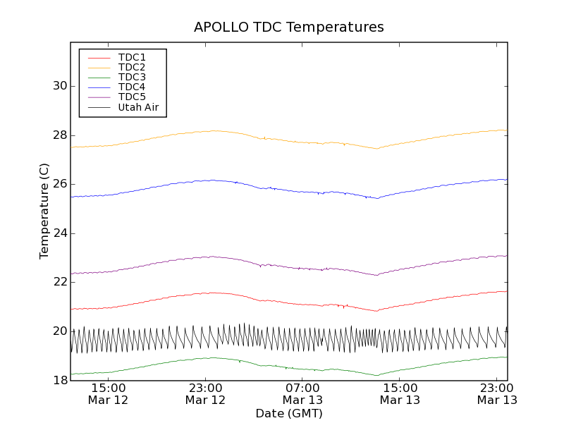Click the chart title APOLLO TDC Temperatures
coord(289,27)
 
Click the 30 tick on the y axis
coord(59,86)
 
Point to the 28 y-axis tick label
coord(59,135)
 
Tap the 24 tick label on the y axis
coord(59,233)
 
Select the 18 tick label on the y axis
coord(59,381)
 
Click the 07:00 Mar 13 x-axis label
coord(302,394)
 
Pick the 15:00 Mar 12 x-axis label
coord(108,394)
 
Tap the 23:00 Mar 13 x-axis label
coord(497,394)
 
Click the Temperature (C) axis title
coord(44,211)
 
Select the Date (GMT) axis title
coord(289,413)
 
